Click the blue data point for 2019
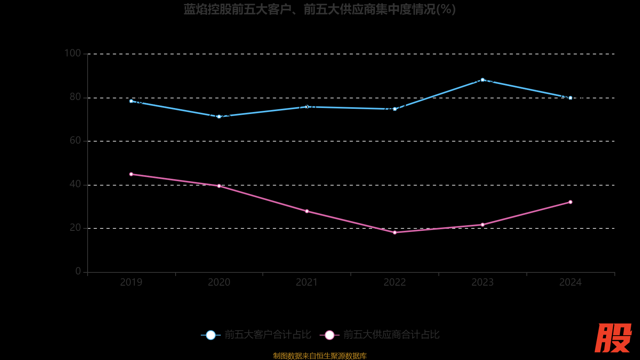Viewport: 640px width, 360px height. point(131,101)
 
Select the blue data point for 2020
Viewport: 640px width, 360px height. point(219,117)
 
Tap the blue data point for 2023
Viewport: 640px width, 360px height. point(482,80)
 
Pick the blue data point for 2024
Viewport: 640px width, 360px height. point(570,98)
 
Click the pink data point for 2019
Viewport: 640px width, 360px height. point(131,174)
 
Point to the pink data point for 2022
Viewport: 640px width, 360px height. point(395,232)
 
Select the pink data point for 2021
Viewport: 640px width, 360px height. point(307,211)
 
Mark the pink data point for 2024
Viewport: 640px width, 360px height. point(570,202)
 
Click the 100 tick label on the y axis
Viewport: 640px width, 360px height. point(72,53)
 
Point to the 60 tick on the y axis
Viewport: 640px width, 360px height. point(75,140)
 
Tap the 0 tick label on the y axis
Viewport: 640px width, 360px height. point(78,271)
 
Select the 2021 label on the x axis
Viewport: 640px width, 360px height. point(307,282)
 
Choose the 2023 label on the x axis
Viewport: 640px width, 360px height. point(482,282)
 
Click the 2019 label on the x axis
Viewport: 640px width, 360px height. point(131,282)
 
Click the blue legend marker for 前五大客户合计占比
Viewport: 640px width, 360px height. point(211,335)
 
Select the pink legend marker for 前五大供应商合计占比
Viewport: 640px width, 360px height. point(330,335)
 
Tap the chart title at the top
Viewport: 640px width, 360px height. point(320,9)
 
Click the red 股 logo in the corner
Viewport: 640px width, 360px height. point(613,338)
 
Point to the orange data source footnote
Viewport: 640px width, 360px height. point(320,356)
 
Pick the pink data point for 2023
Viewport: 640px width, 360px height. point(482,225)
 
